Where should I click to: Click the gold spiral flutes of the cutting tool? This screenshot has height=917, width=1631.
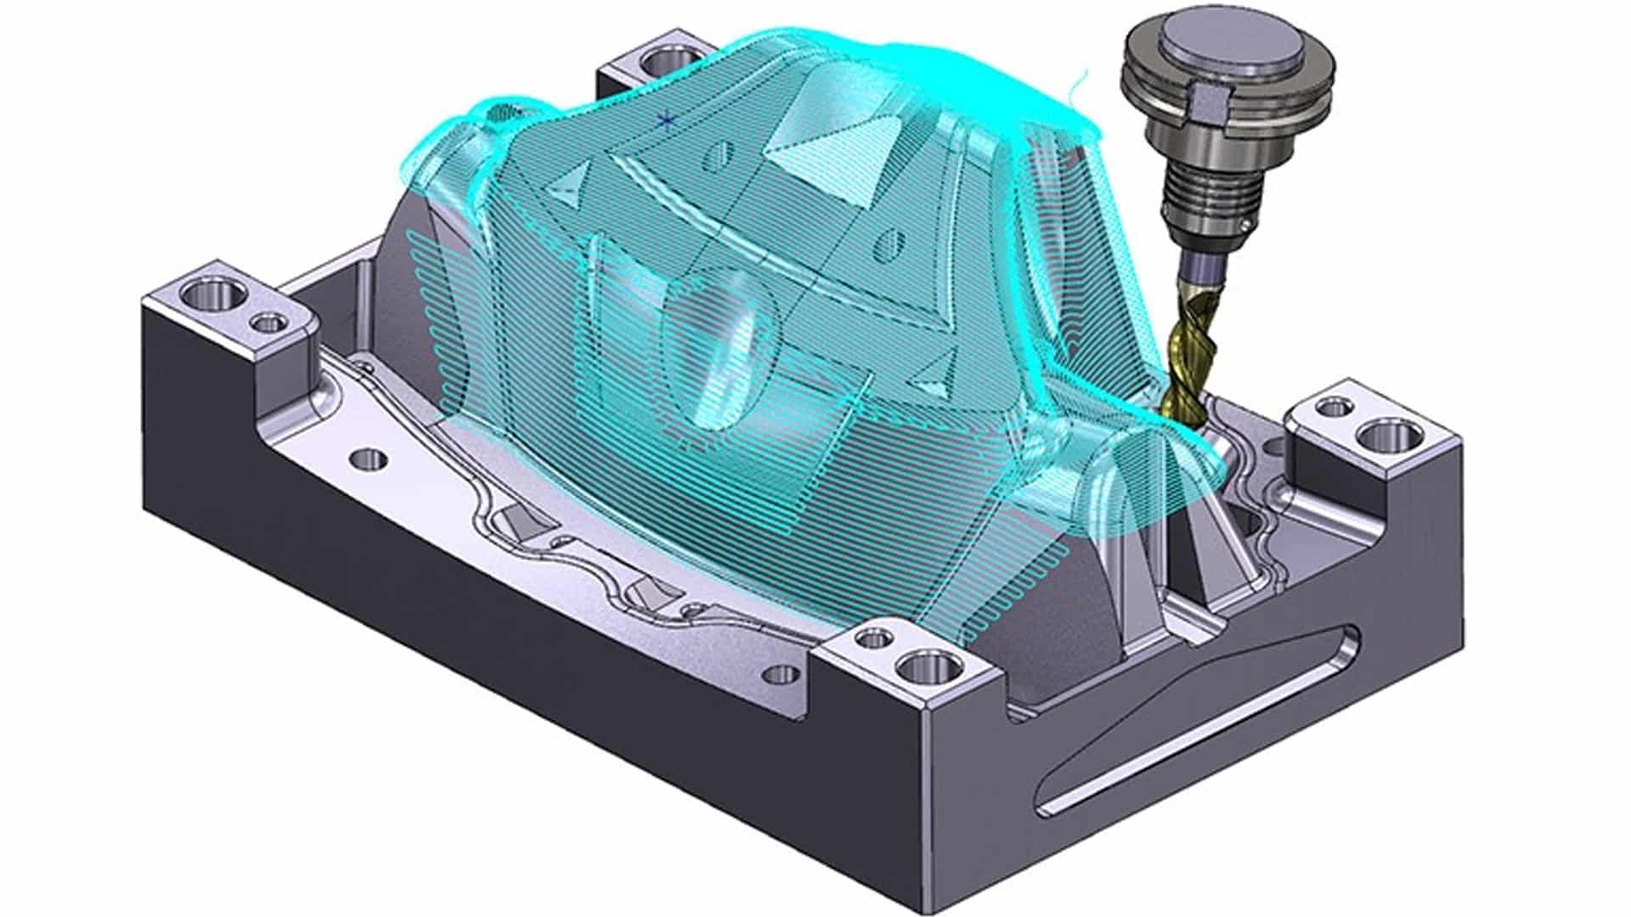(1188, 357)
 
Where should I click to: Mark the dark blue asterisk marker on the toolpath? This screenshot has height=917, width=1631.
(667, 120)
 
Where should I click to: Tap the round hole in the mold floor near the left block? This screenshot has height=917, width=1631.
(368, 460)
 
